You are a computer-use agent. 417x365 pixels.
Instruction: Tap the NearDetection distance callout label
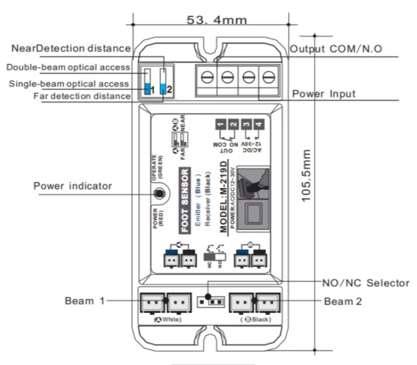pos(71,48)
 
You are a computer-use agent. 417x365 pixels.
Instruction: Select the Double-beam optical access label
pos(68,68)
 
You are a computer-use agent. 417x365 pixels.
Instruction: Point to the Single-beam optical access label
pos(69,83)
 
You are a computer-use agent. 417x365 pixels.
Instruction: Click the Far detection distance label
pos(82,96)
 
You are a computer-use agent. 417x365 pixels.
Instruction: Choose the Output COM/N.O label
pos(336,49)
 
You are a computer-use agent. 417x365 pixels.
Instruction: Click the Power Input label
pos(324,94)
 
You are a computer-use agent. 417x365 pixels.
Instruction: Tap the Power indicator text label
pos(72,186)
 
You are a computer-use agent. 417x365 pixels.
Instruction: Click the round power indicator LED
pos(160,194)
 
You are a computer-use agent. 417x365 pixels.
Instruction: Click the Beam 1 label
pos(80,301)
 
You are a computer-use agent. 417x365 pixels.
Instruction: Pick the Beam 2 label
pos(342,301)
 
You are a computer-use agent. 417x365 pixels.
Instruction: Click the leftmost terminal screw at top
pos(206,77)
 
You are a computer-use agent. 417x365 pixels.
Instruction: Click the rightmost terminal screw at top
pos(268,77)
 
